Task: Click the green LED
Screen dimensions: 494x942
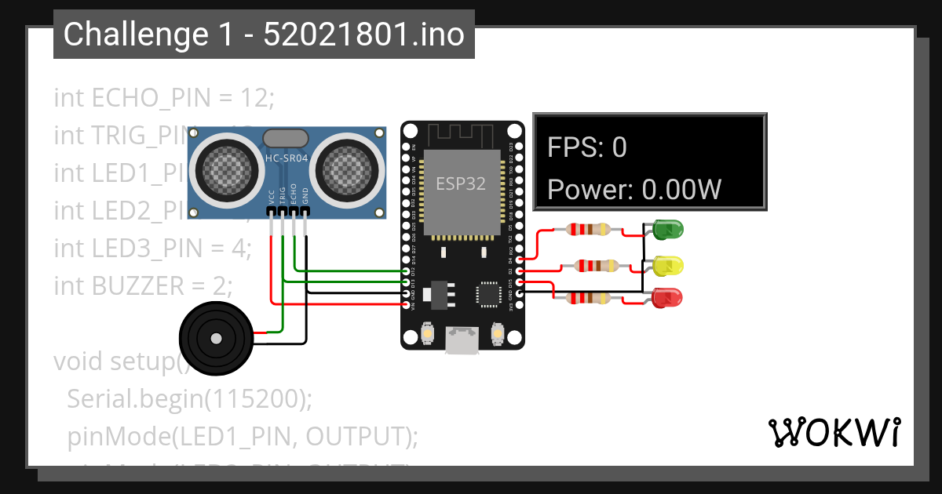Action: click(667, 230)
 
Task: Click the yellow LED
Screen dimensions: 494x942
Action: click(668, 265)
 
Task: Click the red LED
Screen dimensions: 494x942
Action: click(668, 298)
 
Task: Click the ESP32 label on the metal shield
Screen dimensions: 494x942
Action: click(461, 184)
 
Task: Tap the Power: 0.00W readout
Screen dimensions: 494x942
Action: click(634, 190)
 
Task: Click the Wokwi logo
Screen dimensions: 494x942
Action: click(834, 432)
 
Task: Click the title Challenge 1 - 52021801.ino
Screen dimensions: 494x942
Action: click(264, 35)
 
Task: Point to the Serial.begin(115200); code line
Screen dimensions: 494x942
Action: click(189, 398)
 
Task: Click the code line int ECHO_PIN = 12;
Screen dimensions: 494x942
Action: click(163, 98)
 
